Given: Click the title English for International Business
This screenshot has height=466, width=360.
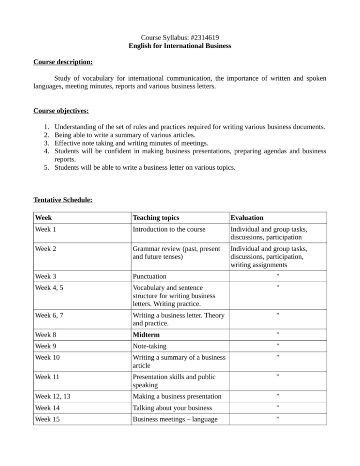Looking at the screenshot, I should click(x=180, y=46).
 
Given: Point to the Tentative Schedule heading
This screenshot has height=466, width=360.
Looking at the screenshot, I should click(x=63, y=199).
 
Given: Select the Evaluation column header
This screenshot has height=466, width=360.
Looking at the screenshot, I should click(x=246, y=218).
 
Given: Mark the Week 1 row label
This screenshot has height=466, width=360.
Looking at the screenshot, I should click(x=48, y=231).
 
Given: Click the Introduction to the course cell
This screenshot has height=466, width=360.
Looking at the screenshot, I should click(x=172, y=231).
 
